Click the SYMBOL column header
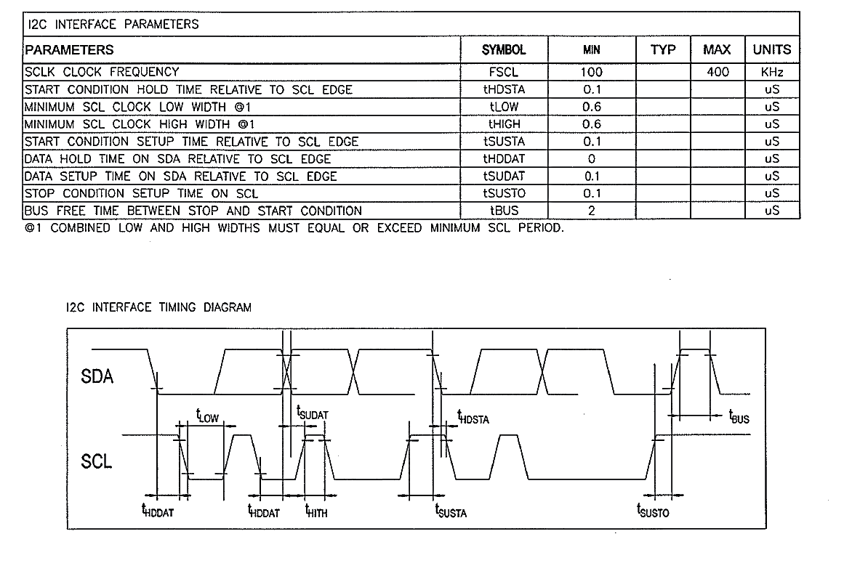pos(503,50)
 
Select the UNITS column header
pos(771,50)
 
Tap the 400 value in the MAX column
pos(718,72)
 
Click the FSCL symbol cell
pos(503,72)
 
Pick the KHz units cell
pos(771,72)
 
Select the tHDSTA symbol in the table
pos(503,89)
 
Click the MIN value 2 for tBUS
pos(591,211)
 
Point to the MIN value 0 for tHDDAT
pos(591,158)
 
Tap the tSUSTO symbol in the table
pos(503,193)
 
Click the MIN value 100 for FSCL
pos(591,72)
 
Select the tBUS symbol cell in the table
pos(503,211)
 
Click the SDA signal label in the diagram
pos(97,377)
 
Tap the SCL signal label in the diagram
pos(97,461)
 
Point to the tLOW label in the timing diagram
pos(206,416)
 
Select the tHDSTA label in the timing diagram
pos(473,417)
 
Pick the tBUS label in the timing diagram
pos(739,417)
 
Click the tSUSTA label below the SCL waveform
pos(451,511)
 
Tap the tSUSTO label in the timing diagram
pos(653,511)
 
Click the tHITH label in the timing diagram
pos(316,511)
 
